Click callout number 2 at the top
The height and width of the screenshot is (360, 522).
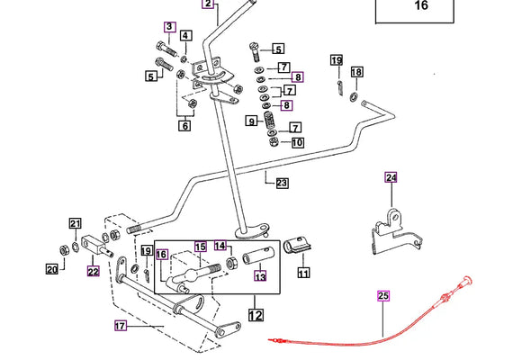coord(209,4)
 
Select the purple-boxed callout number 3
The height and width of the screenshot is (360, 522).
coord(169,27)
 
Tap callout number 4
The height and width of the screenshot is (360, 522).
coord(185,36)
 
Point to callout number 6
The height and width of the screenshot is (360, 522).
coord(184,126)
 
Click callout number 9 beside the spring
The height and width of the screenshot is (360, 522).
coord(252,121)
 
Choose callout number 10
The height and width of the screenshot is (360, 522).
coord(297,142)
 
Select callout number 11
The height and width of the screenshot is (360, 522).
coord(302,273)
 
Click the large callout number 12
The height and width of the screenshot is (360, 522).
coord(256,316)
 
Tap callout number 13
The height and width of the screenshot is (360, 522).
coord(260,277)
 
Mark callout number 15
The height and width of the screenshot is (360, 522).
coord(200,246)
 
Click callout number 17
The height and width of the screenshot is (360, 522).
coord(121,328)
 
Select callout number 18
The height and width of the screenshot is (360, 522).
coord(356,72)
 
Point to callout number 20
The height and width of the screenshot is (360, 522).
coord(51,268)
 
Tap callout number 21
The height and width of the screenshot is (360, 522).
coord(76,223)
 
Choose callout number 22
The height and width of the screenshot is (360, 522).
coord(93,270)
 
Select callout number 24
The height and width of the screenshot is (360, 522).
coord(390,177)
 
